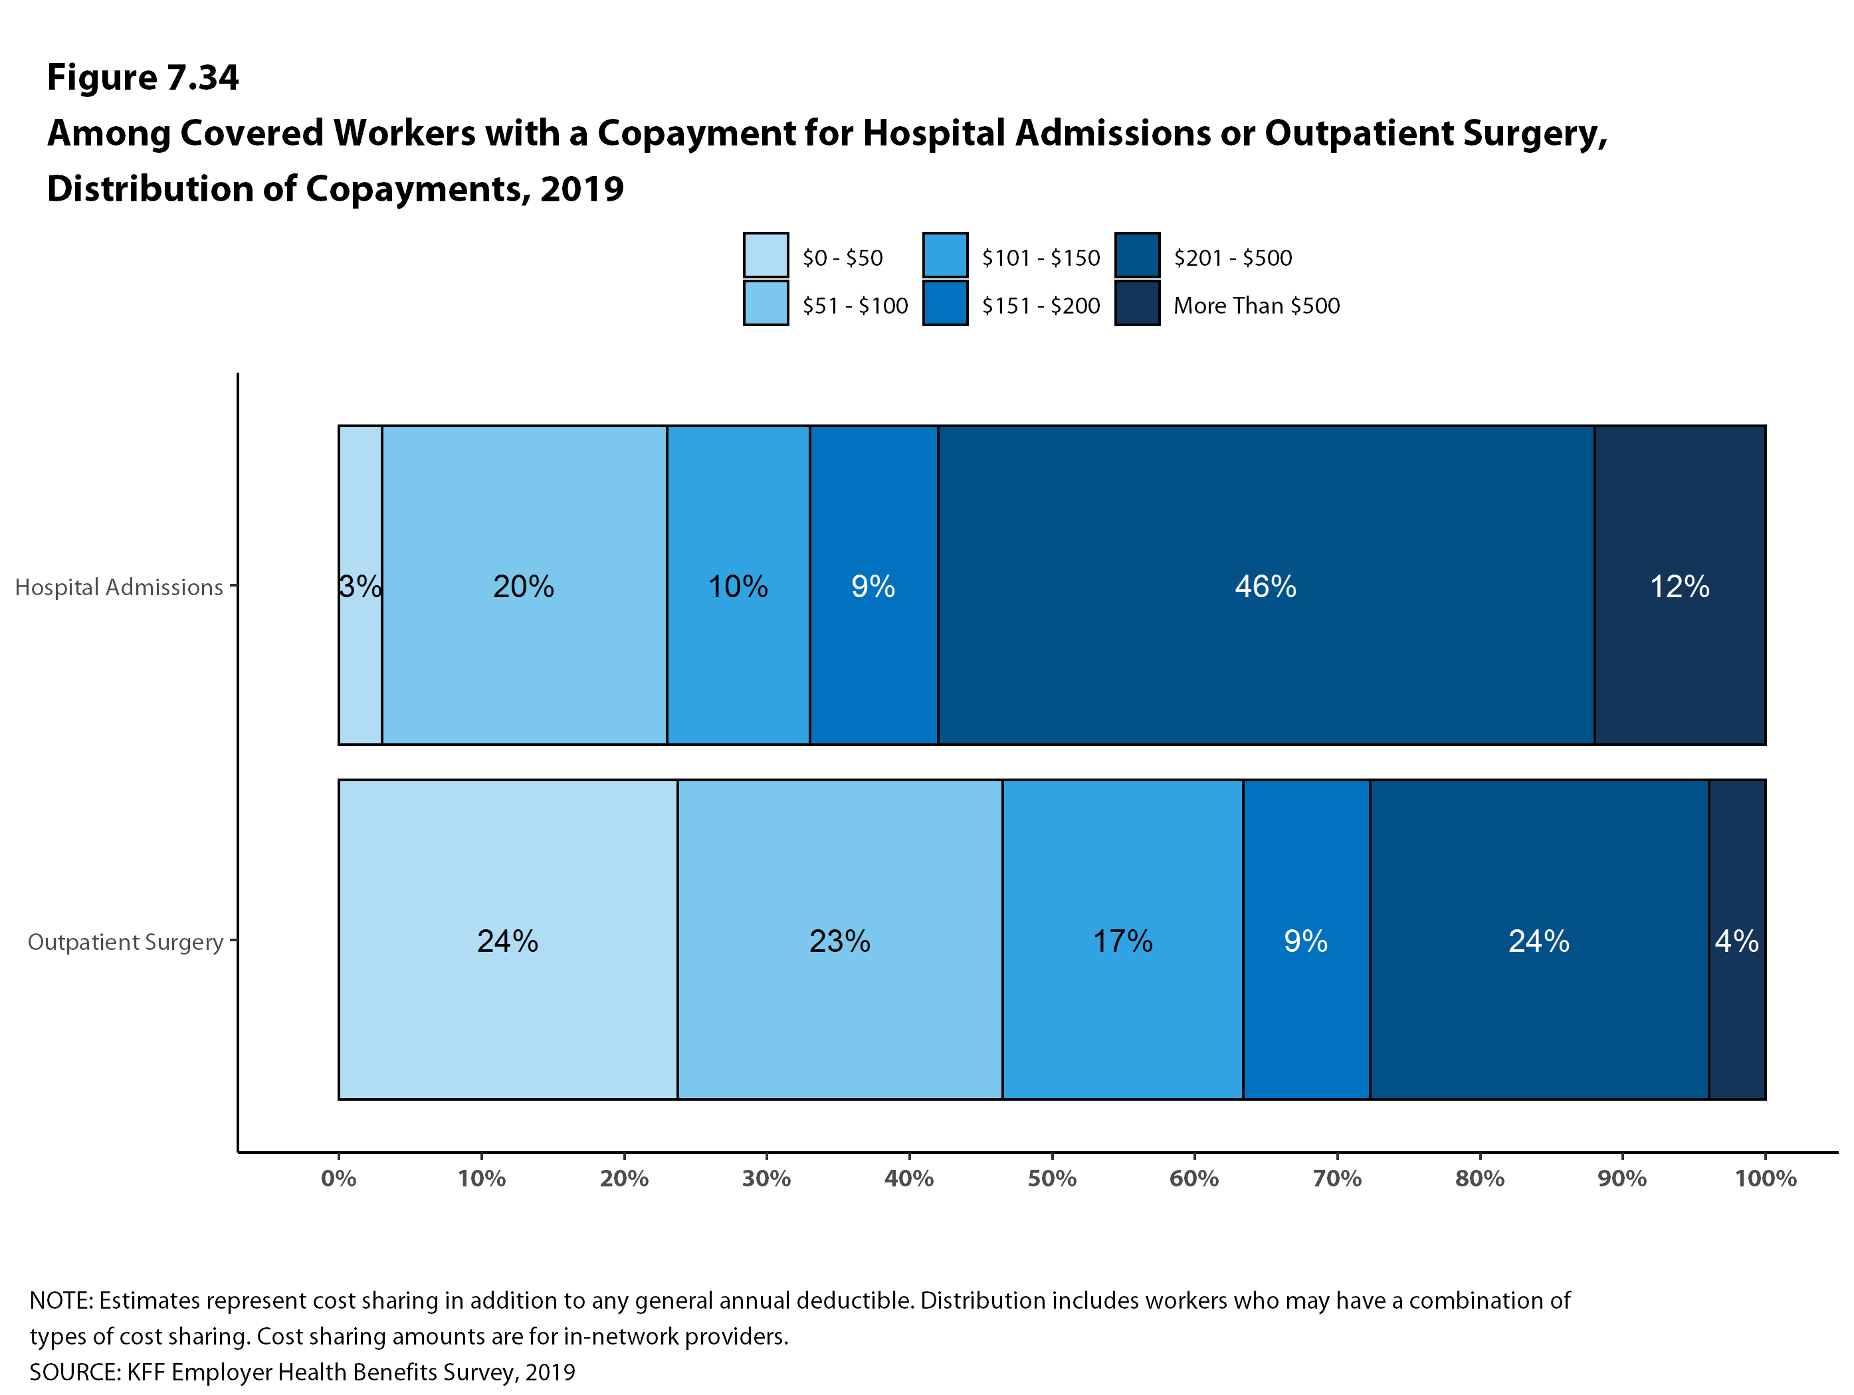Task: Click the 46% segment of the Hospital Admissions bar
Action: pos(1266,585)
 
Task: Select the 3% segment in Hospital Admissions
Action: pos(360,585)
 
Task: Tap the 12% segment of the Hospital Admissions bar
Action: pos(1680,585)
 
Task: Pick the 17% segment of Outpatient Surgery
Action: pos(1122,939)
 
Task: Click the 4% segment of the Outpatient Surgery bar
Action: pos(1736,939)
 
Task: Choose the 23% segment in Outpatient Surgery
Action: pos(839,939)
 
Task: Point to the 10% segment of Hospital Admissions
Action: pos(738,585)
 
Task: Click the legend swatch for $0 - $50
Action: pos(766,254)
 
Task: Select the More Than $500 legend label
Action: pos(1255,305)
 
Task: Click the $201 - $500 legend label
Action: pos(1232,257)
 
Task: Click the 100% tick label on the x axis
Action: pos(1765,1178)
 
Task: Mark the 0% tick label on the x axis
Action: pos(339,1178)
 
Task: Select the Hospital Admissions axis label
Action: pos(119,587)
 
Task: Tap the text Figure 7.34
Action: pos(142,77)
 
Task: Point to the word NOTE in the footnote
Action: pos(60,1300)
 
